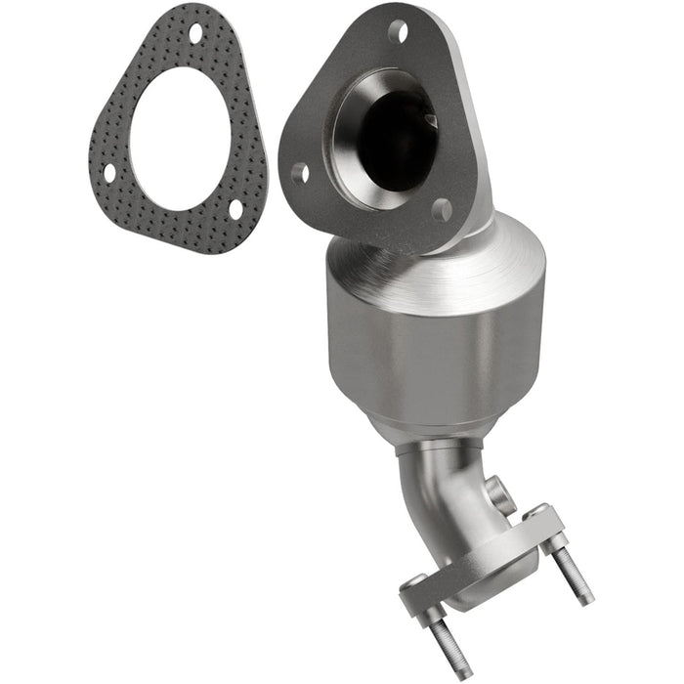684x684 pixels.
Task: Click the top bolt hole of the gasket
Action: (195, 33)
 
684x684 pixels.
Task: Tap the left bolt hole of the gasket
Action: (109, 173)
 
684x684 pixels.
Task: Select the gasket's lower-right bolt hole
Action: (235, 209)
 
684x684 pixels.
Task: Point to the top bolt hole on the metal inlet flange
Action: (396, 31)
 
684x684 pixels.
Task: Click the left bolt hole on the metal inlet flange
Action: (300, 174)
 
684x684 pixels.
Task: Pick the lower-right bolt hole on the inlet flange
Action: (442, 208)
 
